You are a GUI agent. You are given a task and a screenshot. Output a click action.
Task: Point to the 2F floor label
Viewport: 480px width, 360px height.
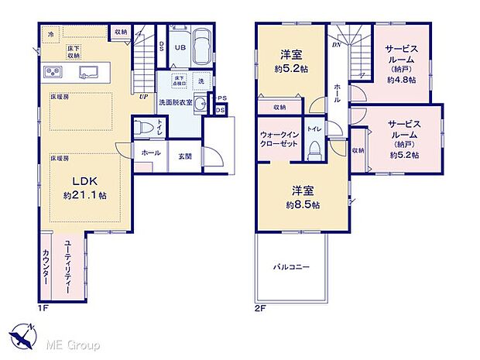pyautogui.click(x=262, y=308)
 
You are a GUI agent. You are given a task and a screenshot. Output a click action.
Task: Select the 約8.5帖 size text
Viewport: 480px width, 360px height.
pyautogui.click(x=303, y=204)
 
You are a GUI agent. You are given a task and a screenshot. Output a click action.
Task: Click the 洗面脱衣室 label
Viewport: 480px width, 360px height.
pyautogui.click(x=177, y=101)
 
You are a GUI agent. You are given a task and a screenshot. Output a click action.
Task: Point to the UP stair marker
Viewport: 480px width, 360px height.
pyautogui.click(x=144, y=98)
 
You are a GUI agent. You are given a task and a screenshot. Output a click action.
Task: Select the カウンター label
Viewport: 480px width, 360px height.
pyautogui.click(x=46, y=268)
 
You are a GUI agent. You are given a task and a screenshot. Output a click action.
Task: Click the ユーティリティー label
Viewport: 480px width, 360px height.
pyautogui.click(x=69, y=263)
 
